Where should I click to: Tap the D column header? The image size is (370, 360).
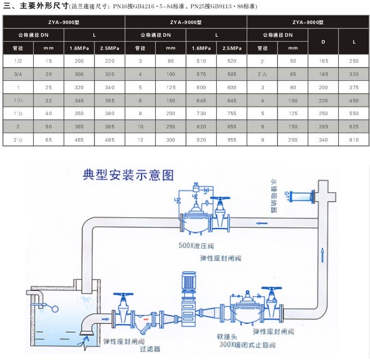[323, 42]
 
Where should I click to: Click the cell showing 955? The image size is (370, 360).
[232, 140]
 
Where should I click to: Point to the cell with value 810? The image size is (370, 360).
[354, 140]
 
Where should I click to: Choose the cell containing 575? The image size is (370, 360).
[201, 74]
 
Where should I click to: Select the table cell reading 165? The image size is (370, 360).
[323, 61]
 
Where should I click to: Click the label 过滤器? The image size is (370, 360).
[150, 349]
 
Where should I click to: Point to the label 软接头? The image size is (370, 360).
[228, 337]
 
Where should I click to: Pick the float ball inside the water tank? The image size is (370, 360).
[55, 309]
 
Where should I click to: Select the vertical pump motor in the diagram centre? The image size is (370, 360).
[187, 283]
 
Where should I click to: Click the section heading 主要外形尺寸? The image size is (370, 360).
[41, 6]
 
